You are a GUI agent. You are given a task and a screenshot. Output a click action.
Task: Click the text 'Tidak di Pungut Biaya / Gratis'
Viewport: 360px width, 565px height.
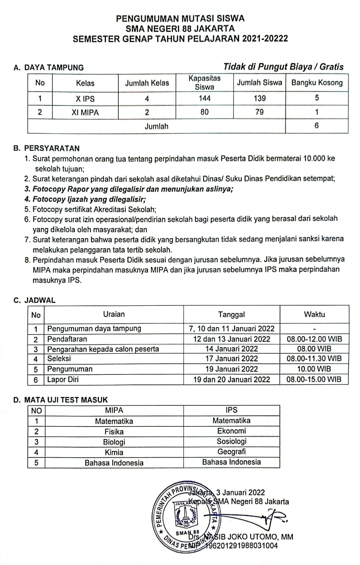coord(283,67)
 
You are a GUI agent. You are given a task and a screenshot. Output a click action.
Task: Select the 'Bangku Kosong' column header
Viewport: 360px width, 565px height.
coord(317,82)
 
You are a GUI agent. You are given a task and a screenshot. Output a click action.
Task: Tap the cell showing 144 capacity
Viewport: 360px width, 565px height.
coord(204,98)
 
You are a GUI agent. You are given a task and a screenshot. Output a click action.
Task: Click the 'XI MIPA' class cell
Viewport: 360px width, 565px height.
coord(85,112)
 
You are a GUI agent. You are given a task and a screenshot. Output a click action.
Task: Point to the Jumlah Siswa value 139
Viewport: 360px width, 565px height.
coord(260,98)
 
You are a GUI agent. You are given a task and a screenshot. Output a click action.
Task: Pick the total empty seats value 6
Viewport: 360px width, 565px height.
coord(317,125)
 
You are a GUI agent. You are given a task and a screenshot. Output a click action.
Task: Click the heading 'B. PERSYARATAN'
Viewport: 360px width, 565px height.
coord(52,148)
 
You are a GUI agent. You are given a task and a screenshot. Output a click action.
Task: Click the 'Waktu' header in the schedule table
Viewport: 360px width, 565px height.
coord(314,314)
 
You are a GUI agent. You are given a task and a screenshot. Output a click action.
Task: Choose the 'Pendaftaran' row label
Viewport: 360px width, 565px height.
coord(67,339)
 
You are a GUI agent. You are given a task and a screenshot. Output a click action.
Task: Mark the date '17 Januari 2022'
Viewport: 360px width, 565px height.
coord(231,359)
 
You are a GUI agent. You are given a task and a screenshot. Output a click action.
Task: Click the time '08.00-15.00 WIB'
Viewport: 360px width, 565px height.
coord(314,379)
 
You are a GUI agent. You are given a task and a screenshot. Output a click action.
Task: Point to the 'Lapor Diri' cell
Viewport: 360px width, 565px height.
coord(63,379)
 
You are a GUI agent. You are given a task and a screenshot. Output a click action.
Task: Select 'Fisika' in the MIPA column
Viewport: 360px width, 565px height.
coord(114,432)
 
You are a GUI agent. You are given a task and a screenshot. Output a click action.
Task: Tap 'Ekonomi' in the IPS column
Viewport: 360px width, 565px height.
coord(232,431)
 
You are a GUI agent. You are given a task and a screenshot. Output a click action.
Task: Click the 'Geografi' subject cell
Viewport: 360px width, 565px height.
coord(232,451)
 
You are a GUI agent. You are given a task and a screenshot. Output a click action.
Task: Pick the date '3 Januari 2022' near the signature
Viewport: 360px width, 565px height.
coord(240,492)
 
